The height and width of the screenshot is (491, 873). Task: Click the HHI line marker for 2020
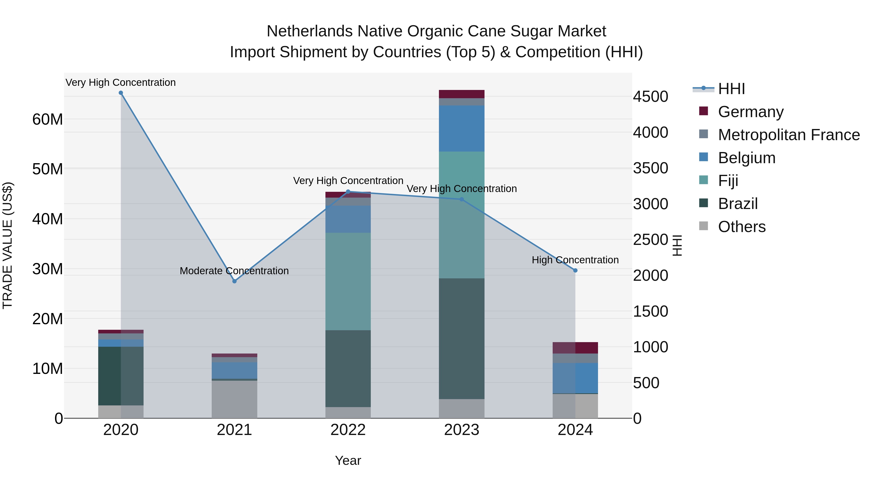pyautogui.click(x=121, y=93)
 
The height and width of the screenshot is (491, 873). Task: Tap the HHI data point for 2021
pyautogui.click(x=234, y=281)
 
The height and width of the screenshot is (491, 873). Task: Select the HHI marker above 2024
pyautogui.click(x=575, y=270)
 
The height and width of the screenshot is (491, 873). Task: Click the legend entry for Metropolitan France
pyautogui.click(x=788, y=135)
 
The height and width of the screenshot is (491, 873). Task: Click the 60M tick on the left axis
pyautogui.click(x=48, y=119)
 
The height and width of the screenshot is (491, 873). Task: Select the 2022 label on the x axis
pyautogui.click(x=348, y=430)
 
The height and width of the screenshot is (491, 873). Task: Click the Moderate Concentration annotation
pyautogui.click(x=234, y=271)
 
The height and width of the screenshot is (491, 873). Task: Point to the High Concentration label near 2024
pyautogui.click(x=575, y=260)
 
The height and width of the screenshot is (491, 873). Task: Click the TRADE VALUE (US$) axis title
pyautogui.click(x=8, y=245)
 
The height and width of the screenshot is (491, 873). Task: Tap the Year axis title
pyautogui.click(x=348, y=460)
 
